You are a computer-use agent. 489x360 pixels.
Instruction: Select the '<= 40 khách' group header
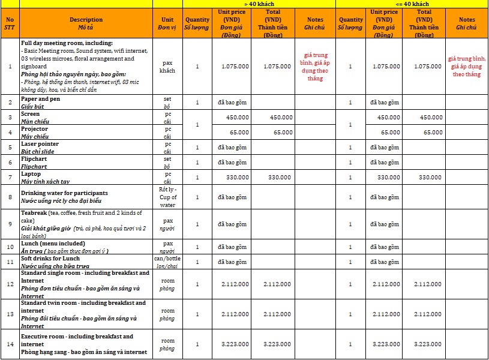click(411, 4)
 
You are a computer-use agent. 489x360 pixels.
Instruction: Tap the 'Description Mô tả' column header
click(86, 23)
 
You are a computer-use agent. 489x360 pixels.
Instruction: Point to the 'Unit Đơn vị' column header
click(167, 23)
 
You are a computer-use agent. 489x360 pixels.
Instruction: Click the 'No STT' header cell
click(10, 23)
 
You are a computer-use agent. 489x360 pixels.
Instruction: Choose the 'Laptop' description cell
click(86, 178)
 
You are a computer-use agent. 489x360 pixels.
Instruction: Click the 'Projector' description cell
click(86, 132)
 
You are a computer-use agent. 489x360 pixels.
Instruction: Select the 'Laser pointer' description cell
click(86, 147)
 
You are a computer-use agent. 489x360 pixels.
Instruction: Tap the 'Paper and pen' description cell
click(86, 102)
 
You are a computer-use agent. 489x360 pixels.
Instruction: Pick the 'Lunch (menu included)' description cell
click(86, 247)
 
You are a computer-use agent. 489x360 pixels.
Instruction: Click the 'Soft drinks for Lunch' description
click(86, 262)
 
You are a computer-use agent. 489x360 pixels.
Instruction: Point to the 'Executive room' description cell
click(86, 344)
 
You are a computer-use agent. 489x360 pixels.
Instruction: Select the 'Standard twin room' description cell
click(86, 314)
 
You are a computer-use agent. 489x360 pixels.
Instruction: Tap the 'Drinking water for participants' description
click(86, 196)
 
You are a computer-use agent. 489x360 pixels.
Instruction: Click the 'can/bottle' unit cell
click(167, 262)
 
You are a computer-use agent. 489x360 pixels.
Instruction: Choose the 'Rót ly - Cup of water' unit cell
click(167, 196)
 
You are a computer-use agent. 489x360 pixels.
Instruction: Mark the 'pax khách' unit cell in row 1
click(167, 66)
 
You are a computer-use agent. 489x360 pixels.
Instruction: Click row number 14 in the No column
click(10, 344)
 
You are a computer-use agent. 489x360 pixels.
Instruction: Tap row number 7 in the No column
click(10, 178)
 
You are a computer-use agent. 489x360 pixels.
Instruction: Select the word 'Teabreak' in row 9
click(34, 213)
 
